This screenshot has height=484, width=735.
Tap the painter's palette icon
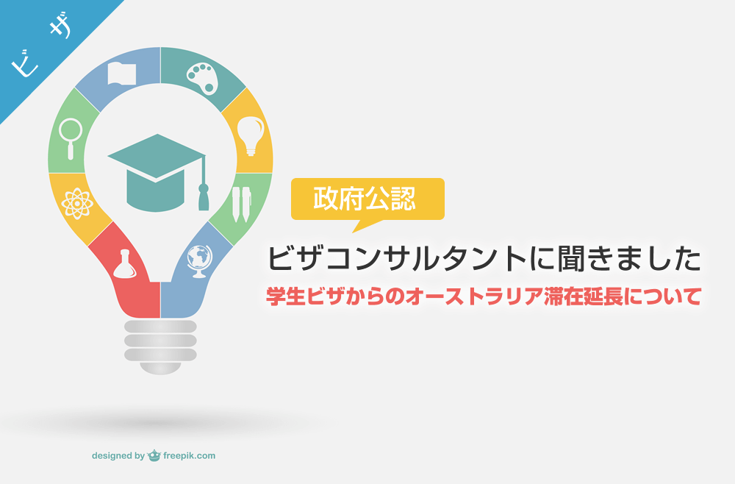pos(200,77)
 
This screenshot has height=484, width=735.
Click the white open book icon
pos(122,74)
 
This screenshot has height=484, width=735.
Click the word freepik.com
pos(189,456)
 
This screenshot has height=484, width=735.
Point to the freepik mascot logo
pos(154,455)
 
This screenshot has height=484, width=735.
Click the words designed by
pos(118,456)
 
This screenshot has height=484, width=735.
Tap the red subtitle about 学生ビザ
pos(483,297)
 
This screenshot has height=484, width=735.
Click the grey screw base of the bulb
pos(160,342)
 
